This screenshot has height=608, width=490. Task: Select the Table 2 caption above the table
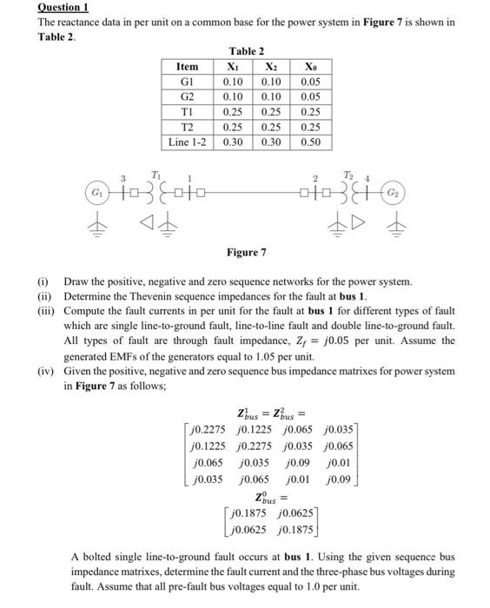[246, 51]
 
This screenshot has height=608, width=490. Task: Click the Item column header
[187, 66]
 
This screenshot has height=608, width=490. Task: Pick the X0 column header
[312, 66]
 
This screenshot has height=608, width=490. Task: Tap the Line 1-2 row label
[187, 141]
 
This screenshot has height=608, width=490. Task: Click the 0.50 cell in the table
[312, 141]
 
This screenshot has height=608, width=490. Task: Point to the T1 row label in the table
[187, 111]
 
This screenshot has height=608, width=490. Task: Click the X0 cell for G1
[312, 82]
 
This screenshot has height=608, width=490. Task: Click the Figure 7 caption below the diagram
[246, 252]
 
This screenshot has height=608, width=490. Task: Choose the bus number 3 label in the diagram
[122, 176]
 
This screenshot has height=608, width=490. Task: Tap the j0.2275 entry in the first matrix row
[207, 429]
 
